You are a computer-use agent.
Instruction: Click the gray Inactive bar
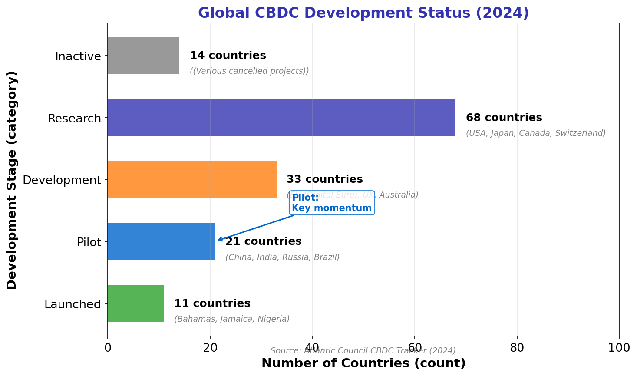click(x=143, y=56)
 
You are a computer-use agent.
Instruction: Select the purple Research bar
click(x=281, y=118)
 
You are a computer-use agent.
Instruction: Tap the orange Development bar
click(x=192, y=180)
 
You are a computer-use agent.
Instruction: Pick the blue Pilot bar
click(x=162, y=241)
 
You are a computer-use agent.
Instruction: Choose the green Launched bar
click(x=136, y=303)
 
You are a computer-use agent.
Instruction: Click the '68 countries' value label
click(x=504, y=118)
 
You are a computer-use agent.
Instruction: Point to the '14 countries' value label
click(x=228, y=56)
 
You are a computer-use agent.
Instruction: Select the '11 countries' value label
click(x=212, y=303)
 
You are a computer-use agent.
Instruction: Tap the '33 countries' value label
click(x=324, y=179)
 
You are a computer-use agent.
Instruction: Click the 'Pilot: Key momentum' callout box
click(x=332, y=203)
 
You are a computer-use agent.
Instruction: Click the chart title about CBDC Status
click(x=363, y=13)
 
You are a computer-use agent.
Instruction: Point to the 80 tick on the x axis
click(x=517, y=348)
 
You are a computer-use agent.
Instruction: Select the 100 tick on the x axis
click(x=619, y=348)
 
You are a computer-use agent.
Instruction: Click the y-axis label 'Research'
click(x=74, y=119)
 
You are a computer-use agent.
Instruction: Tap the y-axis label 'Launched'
click(x=73, y=304)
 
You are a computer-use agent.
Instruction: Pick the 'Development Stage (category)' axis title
click(x=12, y=180)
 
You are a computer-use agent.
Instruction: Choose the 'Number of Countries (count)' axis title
click(x=363, y=363)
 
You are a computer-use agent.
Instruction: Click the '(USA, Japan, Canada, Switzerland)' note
click(x=535, y=133)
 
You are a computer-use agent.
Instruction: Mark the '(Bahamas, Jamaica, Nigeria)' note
click(x=232, y=319)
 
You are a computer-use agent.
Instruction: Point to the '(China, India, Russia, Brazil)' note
click(x=282, y=257)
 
